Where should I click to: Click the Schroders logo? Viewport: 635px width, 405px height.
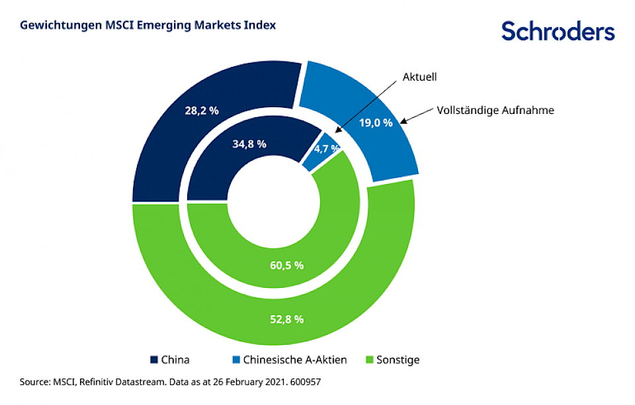558,30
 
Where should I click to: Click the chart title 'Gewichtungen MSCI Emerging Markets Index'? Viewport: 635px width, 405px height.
148,25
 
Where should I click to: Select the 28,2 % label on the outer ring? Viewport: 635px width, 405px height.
202,111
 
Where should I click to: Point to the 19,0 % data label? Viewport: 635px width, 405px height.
376,122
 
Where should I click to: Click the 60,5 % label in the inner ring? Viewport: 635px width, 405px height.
286,265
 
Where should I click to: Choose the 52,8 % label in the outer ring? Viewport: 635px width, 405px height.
286,319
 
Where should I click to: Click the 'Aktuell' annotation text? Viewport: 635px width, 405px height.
419,77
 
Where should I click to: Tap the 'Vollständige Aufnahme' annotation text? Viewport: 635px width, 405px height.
495,111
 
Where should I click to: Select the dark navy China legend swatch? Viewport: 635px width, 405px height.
154,360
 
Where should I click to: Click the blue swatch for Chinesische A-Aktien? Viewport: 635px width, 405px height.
236,360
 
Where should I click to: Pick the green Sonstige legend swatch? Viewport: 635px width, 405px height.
369,360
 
